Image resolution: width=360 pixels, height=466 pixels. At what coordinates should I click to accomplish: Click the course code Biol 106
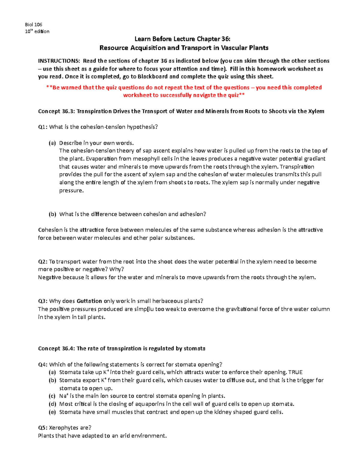coord(33,25)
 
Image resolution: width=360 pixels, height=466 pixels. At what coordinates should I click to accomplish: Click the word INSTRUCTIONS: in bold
coord(59,61)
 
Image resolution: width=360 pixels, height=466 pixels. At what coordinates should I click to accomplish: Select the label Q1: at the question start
coord(43,127)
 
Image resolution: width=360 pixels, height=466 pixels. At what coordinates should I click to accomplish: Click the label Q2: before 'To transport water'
coord(43,262)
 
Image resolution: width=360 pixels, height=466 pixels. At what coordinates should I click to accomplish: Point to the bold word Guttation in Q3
coord(89,301)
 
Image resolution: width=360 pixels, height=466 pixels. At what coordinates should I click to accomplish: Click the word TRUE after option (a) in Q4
coord(295,372)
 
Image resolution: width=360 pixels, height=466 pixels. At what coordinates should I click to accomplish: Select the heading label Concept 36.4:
coord(56,348)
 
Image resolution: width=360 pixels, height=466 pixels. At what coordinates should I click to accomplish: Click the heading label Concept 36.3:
coord(56,111)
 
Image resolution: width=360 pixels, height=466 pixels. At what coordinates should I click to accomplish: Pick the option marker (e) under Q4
coord(52,412)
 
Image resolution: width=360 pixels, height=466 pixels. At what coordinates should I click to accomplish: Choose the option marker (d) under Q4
coord(52,404)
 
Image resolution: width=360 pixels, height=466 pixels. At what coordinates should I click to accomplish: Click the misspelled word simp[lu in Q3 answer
coord(144,309)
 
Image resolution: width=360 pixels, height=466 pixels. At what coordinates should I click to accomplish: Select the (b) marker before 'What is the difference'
coord(52,214)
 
